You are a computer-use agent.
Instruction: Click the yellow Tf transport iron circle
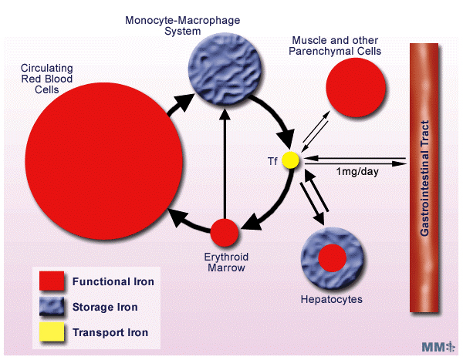[291, 160]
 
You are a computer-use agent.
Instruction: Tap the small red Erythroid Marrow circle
[225, 233]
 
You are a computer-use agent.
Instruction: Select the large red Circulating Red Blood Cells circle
[103, 161]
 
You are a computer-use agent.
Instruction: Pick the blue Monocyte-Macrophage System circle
[225, 69]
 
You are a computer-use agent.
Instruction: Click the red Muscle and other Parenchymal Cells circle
[356, 87]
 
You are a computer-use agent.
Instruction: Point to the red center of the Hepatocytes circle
[332, 258]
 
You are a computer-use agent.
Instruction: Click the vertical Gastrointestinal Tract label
[424, 178]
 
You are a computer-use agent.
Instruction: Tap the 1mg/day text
[357, 171]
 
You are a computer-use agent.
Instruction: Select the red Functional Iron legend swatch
[52, 281]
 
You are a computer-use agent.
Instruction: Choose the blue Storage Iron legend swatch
[52, 306]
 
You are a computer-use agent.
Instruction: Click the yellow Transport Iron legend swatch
[52, 331]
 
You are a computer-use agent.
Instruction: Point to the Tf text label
[272, 161]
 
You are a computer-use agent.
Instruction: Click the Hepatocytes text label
[332, 300]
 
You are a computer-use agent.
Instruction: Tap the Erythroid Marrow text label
[226, 262]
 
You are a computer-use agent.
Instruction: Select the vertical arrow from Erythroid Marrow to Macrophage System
[225, 163]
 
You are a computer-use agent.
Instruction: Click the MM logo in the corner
[438, 347]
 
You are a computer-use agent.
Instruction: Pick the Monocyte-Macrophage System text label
[182, 25]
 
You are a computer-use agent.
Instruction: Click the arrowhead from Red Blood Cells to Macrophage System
[184, 102]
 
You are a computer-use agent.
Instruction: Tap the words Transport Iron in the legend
[110, 332]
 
